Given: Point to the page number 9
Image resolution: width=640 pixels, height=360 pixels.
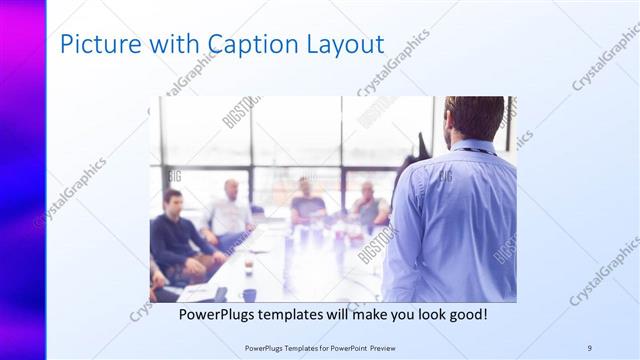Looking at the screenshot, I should pyautogui.click(x=589, y=348).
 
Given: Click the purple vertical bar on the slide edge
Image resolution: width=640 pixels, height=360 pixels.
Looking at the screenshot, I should pyautogui.click(x=22, y=180).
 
